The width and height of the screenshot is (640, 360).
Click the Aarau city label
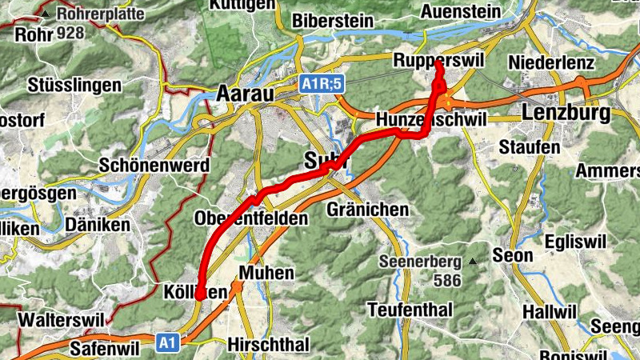(245, 94)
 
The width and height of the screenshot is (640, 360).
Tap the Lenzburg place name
(566, 113)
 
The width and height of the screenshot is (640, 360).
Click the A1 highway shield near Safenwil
(166, 343)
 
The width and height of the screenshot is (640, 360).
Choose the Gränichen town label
(368, 210)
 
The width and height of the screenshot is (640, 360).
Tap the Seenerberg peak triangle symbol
(473, 262)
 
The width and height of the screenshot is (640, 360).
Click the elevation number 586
(448, 281)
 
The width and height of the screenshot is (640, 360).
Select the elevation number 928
(70, 34)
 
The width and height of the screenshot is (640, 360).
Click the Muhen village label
(266, 273)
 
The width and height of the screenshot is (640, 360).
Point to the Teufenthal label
(410, 309)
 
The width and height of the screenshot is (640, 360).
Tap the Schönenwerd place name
(154, 166)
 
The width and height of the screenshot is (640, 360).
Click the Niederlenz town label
(551, 62)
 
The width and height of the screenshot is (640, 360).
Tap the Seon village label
(513, 256)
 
